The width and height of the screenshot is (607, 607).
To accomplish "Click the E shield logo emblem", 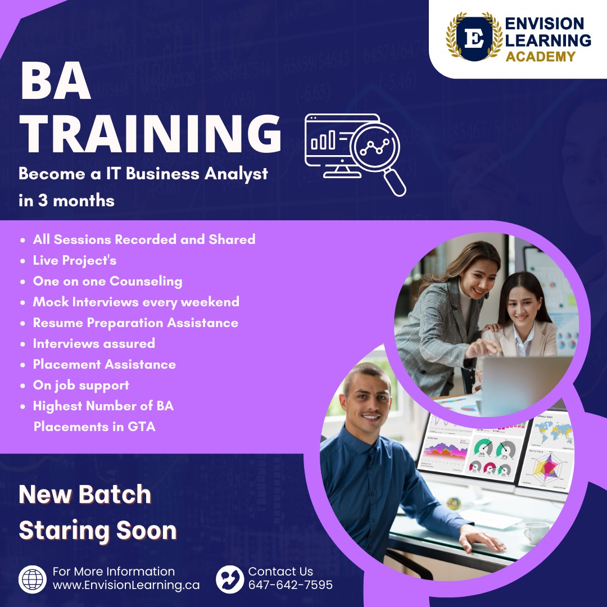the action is point(474,38).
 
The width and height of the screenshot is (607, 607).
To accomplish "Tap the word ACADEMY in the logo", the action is point(541,57).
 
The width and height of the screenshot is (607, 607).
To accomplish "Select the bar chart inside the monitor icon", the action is point(323,140).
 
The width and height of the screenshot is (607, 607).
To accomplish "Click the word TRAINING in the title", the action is point(151,134).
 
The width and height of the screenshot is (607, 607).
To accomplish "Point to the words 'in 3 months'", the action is point(66,201).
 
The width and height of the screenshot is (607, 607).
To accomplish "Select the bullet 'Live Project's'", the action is point(75,260).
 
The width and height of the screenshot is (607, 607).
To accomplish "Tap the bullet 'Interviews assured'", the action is point(94,343).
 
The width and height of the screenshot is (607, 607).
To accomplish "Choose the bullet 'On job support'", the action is point(81,385).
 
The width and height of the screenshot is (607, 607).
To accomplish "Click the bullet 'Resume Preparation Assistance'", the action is point(135,323).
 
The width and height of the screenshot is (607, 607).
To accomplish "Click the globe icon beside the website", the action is point(33,579).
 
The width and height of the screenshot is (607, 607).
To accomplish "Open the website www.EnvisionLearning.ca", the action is point(126,585).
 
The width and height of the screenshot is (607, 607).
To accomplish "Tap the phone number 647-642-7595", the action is point(291,585).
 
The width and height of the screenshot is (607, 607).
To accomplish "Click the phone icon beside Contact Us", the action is point(230,579).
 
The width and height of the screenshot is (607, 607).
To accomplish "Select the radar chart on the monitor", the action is point(546,467).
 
